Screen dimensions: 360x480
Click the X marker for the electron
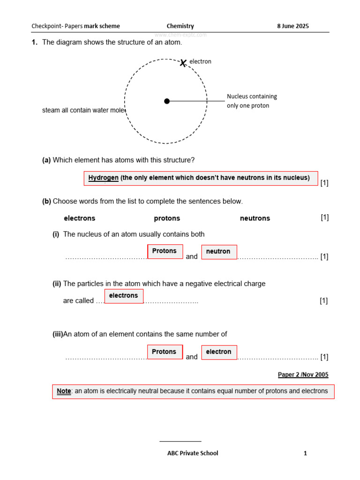(x=183, y=62)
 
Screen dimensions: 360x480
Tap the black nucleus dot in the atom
(x=167, y=101)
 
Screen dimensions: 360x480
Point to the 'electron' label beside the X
(x=200, y=61)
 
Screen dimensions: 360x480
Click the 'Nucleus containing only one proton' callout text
(x=252, y=101)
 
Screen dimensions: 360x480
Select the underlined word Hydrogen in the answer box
(x=103, y=178)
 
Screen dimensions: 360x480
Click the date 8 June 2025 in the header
(x=293, y=26)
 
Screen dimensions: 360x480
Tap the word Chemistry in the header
(x=180, y=26)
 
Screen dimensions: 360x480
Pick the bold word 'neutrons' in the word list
(x=255, y=218)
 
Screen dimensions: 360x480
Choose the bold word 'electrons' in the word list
(x=79, y=218)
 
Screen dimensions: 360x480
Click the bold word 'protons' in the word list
(x=167, y=218)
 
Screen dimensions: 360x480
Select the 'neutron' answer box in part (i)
(x=219, y=252)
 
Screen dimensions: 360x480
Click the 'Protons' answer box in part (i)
(x=165, y=251)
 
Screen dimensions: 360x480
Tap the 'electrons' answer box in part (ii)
(x=124, y=296)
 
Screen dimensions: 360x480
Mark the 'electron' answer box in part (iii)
(x=219, y=352)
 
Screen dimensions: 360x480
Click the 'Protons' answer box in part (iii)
(x=165, y=352)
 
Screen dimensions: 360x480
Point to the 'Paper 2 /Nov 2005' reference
(x=303, y=375)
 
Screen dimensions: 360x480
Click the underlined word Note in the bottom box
(x=64, y=391)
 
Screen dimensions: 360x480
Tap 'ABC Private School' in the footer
(x=193, y=453)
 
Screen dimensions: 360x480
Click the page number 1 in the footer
(x=305, y=453)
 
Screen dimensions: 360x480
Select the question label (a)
(x=46, y=160)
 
